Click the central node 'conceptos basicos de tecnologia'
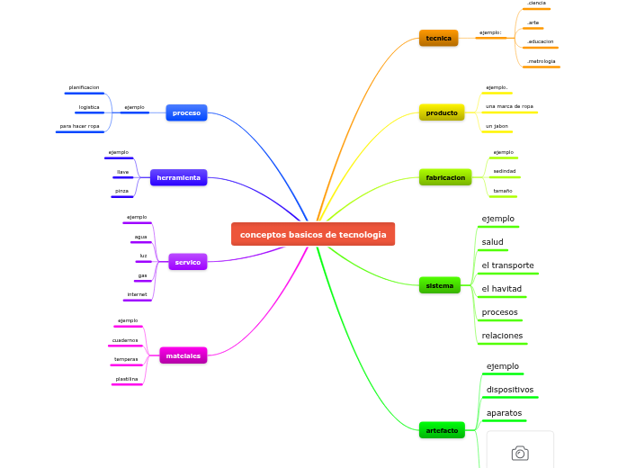click(x=313, y=234)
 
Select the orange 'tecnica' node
click(x=438, y=38)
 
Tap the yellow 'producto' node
click(x=441, y=112)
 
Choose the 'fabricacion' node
click(x=445, y=177)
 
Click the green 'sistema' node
click(x=440, y=285)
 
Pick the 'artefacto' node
click(x=442, y=430)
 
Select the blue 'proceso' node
click(x=186, y=112)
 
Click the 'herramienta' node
click(x=178, y=177)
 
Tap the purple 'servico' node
click(x=187, y=262)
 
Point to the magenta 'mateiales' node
click(x=183, y=355)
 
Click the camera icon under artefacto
click(x=520, y=454)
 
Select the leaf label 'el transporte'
click(x=507, y=265)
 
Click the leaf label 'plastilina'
click(x=126, y=379)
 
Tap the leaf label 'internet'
click(x=137, y=294)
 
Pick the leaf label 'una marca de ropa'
click(x=509, y=106)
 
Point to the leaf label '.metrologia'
click(x=541, y=61)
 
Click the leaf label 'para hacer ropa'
click(x=79, y=126)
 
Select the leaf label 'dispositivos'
click(x=509, y=390)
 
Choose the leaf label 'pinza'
click(x=121, y=191)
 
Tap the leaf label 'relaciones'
click(x=502, y=336)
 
